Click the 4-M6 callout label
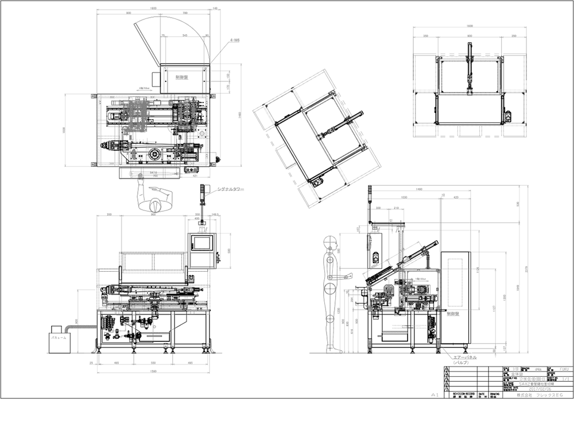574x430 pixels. coord(235,41)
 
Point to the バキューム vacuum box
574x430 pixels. coord(58,338)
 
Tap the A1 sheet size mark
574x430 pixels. coord(435,396)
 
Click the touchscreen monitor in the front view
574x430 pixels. coord(201,242)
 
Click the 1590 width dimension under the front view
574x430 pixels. coord(153,373)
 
